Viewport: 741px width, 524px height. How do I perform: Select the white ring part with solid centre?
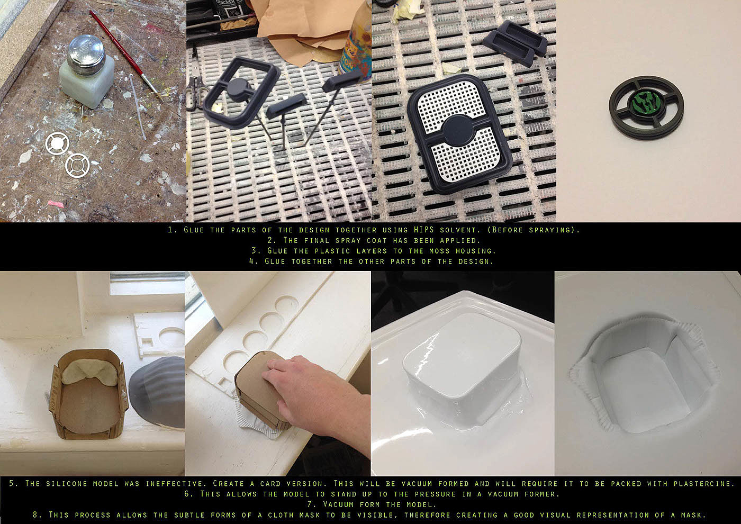[x=57, y=143]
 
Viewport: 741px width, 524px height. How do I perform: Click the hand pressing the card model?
[x=318, y=394]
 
